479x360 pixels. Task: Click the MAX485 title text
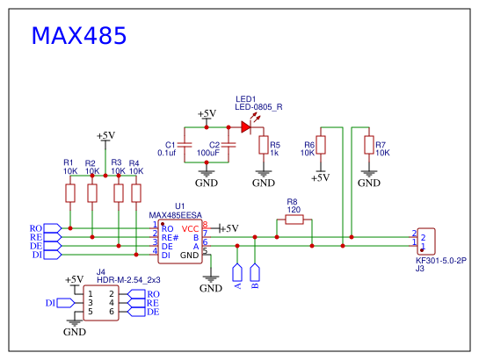point(79,36)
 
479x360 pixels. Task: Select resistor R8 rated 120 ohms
point(294,221)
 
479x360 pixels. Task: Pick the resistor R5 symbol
point(263,145)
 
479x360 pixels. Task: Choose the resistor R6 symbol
point(322,145)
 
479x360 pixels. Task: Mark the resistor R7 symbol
point(368,145)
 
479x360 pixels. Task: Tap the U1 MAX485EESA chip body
point(181,242)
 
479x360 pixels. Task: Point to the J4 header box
point(100,301)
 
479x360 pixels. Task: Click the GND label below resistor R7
point(369,183)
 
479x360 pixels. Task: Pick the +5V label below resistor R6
point(320,177)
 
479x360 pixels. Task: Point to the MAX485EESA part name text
point(176,215)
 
